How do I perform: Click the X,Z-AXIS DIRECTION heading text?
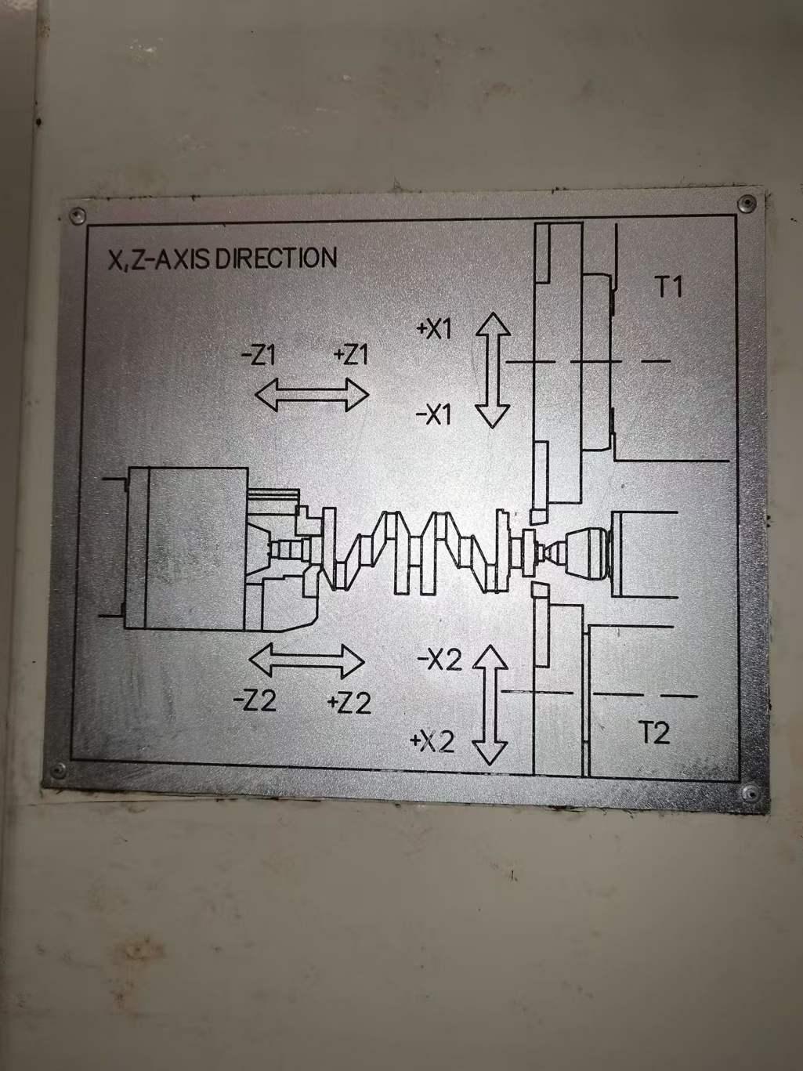coord(222,259)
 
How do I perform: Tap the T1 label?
coord(667,288)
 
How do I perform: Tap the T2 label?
coord(654,733)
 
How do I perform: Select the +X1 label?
coord(434,330)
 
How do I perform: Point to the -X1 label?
coord(434,414)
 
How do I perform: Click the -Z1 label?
coord(258,356)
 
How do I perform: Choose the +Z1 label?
coord(350,356)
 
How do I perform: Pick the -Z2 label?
coord(255,700)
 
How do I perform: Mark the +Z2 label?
coord(349,703)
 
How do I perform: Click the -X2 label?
coord(439,660)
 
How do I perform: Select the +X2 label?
coord(432,741)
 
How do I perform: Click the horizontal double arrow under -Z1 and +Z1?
coord(312,395)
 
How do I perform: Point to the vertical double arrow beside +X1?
coord(493,370)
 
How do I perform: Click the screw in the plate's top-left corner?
coord(77,215)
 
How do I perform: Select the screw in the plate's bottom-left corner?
coord(57,772)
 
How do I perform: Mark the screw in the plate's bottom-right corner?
coord(750,793)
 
